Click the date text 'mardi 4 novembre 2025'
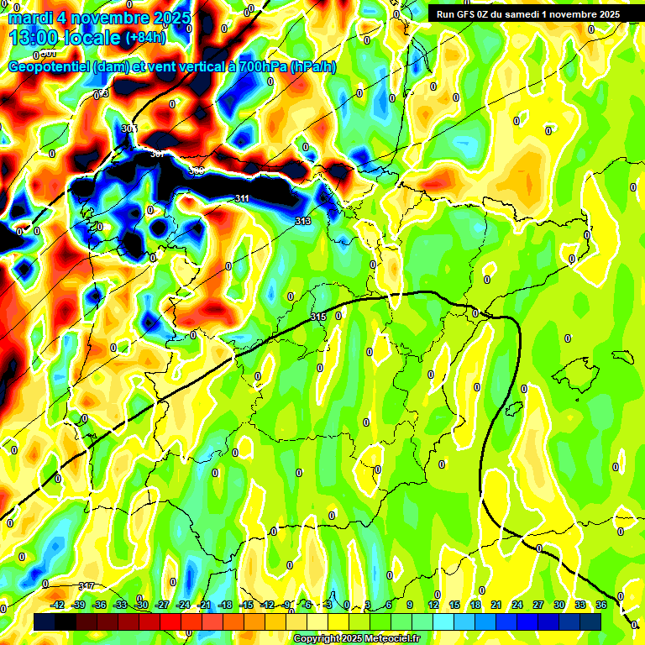coord(99,18)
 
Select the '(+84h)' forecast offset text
coord(146,38)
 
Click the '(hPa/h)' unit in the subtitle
coord(312,66)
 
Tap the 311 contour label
coord(242,198)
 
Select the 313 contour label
coord(303,221)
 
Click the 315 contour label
coord(317,317)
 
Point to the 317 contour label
coord(86,585)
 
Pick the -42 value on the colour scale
coord(58,605)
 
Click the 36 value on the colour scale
coord(601,605)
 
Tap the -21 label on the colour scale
coord(204,605)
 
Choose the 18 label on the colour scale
coord(475,605)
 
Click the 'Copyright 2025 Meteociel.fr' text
coord(356,639)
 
